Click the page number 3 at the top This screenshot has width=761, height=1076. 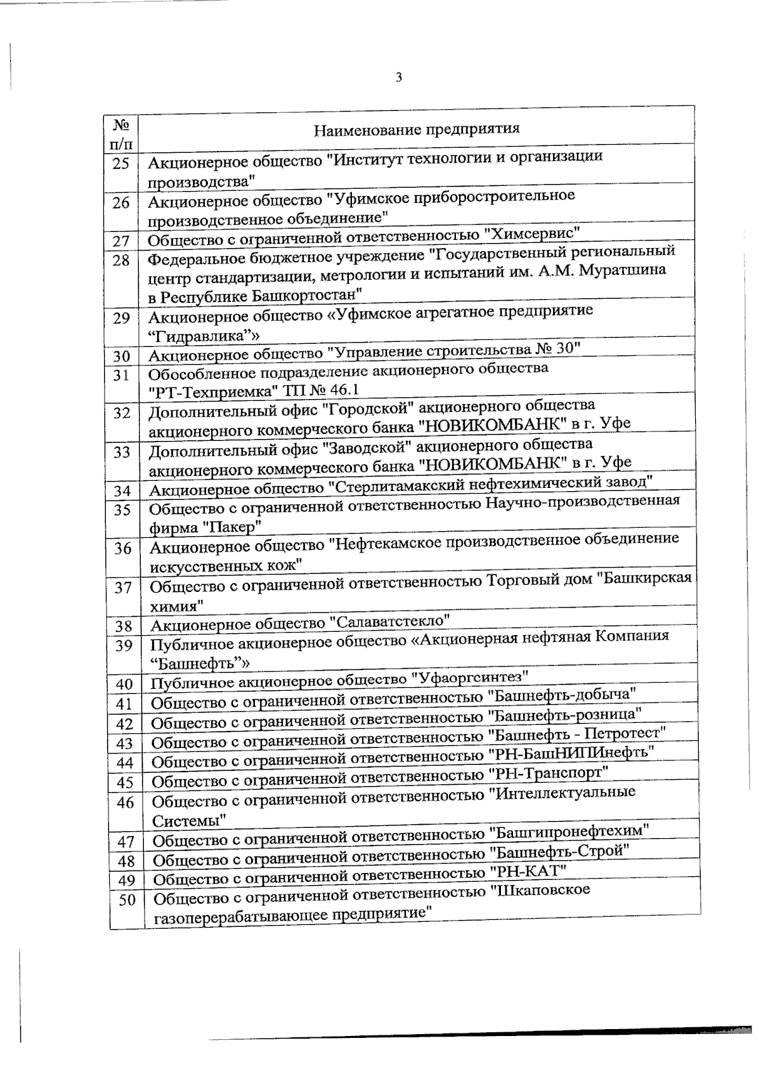398,78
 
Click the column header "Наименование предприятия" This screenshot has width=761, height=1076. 417,130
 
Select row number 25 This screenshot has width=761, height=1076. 120,164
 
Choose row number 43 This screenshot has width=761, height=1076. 124,743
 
